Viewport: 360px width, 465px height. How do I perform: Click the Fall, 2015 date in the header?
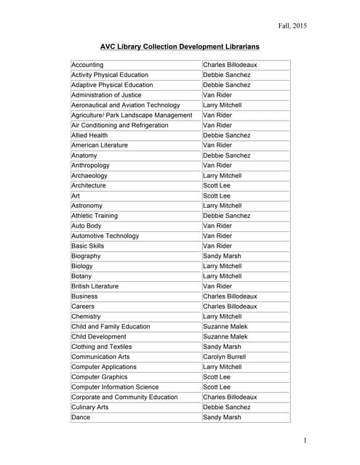point(292,26)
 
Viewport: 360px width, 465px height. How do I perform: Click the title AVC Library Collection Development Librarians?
point(180,47)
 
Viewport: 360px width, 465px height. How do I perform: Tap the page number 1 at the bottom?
point(305,440)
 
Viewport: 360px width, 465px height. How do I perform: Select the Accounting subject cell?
point(87,65)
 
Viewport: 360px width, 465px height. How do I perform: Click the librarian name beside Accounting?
point(230,65)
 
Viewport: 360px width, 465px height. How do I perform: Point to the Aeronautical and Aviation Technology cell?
point(125,105)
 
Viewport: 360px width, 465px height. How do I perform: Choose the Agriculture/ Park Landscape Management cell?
point(132,115)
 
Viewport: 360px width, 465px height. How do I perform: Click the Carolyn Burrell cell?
point(224,357)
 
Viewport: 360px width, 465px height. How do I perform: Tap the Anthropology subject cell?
point(91,166)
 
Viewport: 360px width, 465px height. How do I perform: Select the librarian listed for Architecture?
point(217,185)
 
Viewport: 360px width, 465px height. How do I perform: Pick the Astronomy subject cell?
point(87,206)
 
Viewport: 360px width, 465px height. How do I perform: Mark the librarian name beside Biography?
point(223,256)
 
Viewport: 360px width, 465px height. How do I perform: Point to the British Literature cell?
point(95,286)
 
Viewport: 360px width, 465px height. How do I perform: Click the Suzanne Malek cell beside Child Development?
point(225,337)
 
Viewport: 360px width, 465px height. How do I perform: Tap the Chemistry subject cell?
point(87,317)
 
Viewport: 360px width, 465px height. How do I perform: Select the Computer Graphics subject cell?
point(100,377)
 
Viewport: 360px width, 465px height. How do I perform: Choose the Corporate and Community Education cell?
point(124,397)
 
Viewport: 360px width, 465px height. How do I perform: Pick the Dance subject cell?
point(81,418)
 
